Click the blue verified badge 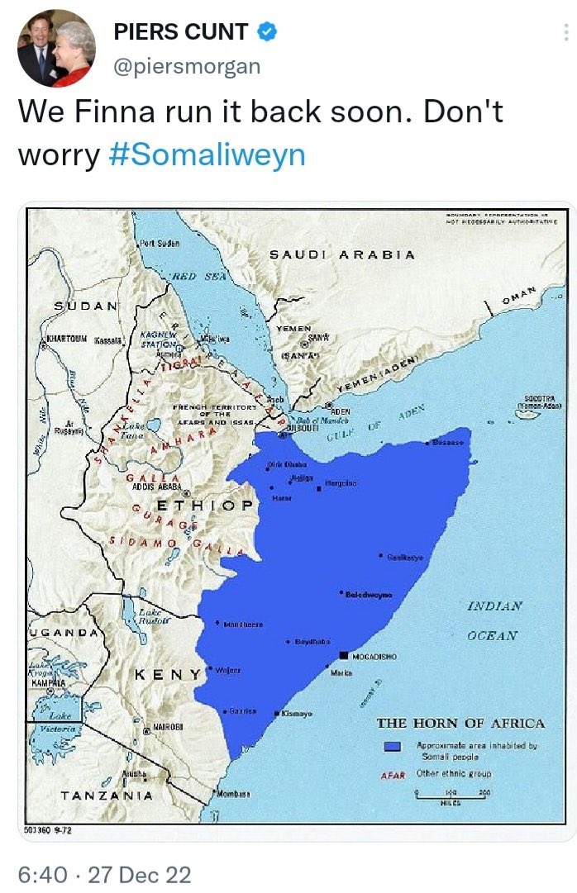(266, 33)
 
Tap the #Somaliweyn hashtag (207, 155)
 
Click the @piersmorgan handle (186, 66)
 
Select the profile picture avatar (56, 49)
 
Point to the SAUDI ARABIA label (342, 254)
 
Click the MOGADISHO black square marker (344, 655)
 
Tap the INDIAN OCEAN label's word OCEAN (492, 635)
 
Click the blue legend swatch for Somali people (393, 747)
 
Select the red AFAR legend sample (393, 775)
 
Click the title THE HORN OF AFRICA (460, 724)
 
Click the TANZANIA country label (107, 796)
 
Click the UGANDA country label (64, 633)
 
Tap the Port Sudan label (160, 243)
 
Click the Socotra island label (538, 400)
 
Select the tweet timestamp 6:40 (41, 874)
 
